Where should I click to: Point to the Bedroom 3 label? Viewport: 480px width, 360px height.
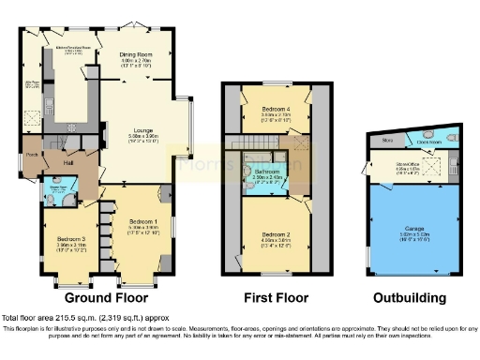pyautogui.click(x=66, y=239)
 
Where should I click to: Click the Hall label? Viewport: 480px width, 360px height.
pyautogui.click(x=69, y=164)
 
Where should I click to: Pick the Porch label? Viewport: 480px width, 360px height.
pyautogui.click(x=32, y=155)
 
